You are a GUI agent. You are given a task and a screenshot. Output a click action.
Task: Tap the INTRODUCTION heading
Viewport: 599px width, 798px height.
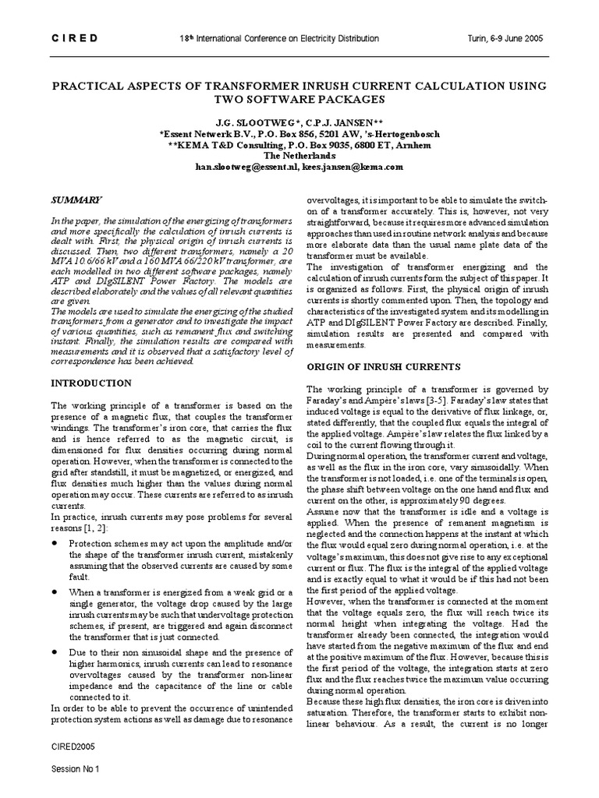[91, 383]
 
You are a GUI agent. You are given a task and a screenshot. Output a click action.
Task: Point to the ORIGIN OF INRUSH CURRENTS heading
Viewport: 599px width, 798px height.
[383, 366]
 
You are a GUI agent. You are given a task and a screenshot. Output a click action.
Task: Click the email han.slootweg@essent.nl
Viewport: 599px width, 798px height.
[247, 167]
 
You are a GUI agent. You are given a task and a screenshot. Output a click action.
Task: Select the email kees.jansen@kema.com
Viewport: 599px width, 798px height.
[353, 167]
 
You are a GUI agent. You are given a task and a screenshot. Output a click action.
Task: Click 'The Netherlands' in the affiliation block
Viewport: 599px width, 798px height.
[299, 156]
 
